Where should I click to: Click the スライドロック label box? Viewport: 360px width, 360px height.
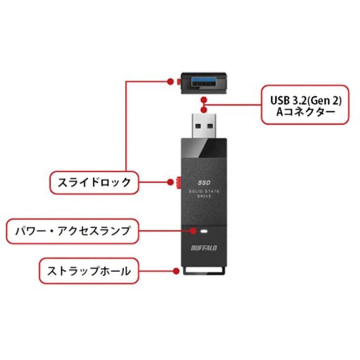(x=93, y=182)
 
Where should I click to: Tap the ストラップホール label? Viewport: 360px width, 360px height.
(x=88, y=271)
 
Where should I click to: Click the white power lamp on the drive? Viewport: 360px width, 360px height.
(x=205, y=231)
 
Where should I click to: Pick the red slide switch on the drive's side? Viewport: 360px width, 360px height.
(x=180, y=182)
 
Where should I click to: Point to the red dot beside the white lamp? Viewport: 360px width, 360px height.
(x=193, y=231)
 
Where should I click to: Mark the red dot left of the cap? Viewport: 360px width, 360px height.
(x=170, y=81)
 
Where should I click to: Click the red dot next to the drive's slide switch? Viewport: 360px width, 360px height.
(x=171, y=182)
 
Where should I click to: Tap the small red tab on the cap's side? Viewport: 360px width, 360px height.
(x=179, y=82)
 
